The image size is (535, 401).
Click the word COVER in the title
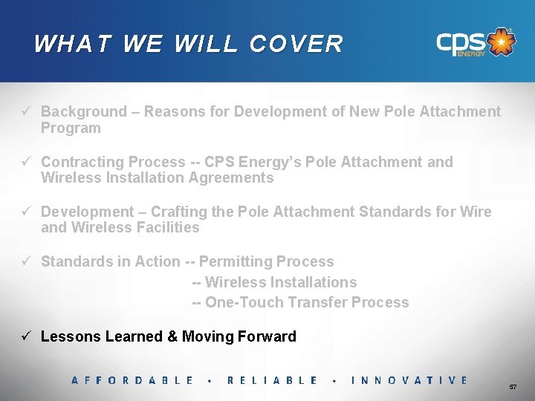pyautogui.click(x=296, y=44)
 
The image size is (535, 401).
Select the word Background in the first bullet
pyautogui.click(x=84, y=111)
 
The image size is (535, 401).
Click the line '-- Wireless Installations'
pyautogui.click(x=274, y=282)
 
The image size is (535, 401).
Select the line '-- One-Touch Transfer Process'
pyautogui.click(x=300, y=302)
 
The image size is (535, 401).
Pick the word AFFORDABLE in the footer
pyautogui.click(x=132, y=380)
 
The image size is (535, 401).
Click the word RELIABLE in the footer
pyautogui.click(x=272, y=380)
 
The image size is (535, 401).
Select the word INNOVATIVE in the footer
pyautogui.click(x=409, y=380)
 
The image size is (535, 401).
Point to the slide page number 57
pyautogui.click(x=512, y=388)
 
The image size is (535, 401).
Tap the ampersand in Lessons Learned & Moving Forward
pyautogui.click(x=172, y=336)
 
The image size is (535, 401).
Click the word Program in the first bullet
pyautogui.click(x=71, y=128)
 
